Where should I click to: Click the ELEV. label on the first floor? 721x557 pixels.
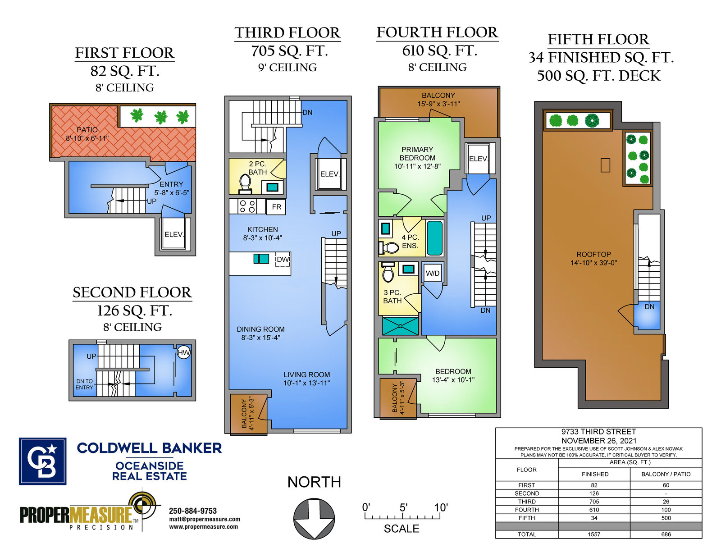[174, 234]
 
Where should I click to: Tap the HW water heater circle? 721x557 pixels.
[183, 352]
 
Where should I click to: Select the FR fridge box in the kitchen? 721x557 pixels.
[276, 207]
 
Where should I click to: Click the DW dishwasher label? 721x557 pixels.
[283, 260]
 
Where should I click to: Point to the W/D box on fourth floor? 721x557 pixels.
[433, 274]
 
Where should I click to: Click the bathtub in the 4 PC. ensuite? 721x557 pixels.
[435, 238]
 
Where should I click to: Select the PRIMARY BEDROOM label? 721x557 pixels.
[417, 154]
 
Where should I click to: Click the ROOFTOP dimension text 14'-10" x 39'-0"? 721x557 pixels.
[593, 263]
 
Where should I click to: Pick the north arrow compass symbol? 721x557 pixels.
[314, 518]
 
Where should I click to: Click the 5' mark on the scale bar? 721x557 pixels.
[403, 507]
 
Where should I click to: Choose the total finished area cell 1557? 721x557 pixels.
[594, 534]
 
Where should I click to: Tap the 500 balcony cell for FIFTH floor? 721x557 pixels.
[666, 518]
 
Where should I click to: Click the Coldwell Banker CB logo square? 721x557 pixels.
[42, 461]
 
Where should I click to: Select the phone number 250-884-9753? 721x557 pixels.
[193, 511]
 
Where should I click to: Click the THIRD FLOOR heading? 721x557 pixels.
[287, 33]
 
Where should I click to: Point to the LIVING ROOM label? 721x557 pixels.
[306, 374]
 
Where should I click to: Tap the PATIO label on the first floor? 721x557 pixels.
[87, 130]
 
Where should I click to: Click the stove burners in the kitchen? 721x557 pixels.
[247, 206]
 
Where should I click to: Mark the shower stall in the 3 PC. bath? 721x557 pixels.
[400, 326]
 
